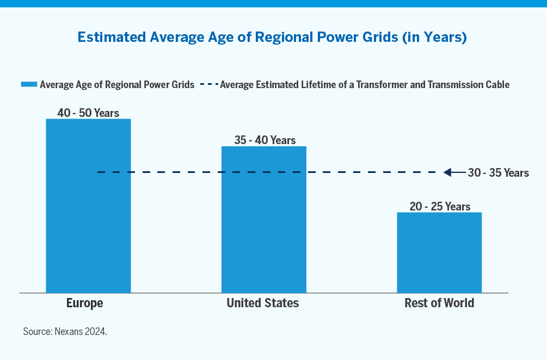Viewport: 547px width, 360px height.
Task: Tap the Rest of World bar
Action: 439,252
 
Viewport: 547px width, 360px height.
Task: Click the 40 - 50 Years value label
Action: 88,113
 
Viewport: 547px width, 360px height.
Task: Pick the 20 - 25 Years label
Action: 440,207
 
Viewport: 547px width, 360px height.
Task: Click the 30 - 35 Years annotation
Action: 498,173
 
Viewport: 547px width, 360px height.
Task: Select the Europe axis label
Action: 84,303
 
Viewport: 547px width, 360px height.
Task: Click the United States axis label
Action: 263,303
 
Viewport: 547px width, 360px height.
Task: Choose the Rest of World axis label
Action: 439,303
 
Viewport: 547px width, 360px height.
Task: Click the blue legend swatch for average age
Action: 29,84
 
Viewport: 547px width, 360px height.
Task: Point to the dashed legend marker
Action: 209,84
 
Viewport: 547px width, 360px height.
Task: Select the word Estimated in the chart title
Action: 113,38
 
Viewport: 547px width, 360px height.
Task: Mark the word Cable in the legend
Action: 497,84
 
